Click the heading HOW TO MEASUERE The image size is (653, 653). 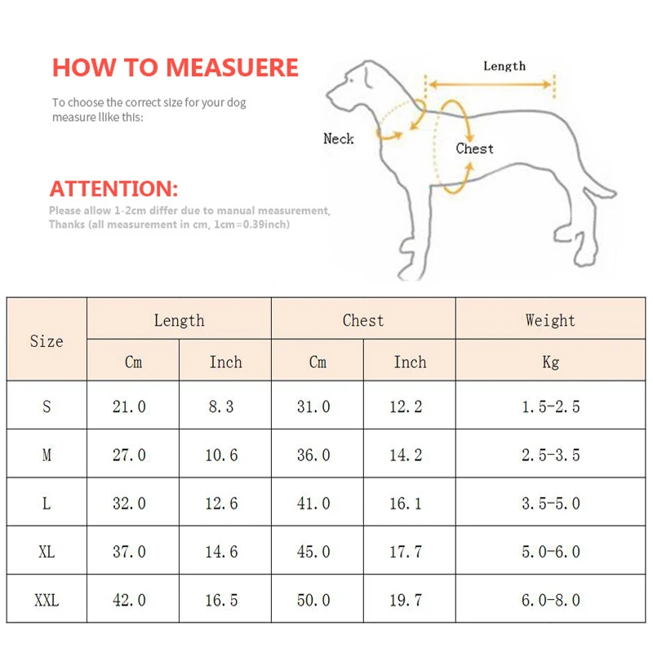coord(175,67)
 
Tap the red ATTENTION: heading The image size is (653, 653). coord(113,189)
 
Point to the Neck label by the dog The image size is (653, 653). coord(339,139)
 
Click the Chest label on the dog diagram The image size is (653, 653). coord(474,149)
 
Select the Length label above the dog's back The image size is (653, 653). coord(504,66)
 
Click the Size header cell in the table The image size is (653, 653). coord(47,341)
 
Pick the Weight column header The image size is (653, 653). coord(550,320)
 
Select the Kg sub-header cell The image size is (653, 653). coord(550,362)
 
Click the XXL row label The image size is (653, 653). coord(47,600)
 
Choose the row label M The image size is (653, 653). coord(47,455)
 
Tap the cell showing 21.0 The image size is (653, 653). coord(129,406)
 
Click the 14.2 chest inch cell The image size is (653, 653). coord(406,455)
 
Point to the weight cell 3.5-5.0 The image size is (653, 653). coord(550,504)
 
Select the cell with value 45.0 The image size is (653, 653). coord(313,552)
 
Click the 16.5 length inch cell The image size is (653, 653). coord(221,600)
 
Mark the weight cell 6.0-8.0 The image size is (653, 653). coord(550,600)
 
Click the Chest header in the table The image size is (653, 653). coord(362,320)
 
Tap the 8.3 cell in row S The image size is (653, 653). coord(221,406)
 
